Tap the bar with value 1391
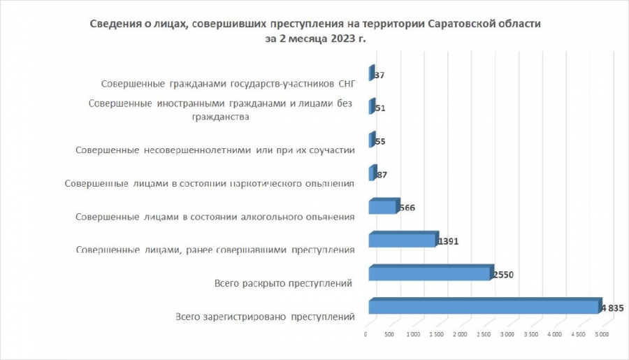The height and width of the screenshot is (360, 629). click(x=402, y=240)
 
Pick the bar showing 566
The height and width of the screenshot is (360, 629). click(x=382, y=207)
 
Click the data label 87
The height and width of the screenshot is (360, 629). click(x=382, y=175)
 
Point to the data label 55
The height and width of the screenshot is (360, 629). click(x=380, y=141)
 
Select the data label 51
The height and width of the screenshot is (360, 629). click(x=380, y=108)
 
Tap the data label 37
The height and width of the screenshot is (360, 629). click(x=379, y=75)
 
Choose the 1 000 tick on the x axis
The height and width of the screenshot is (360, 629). click(x=412, y=336)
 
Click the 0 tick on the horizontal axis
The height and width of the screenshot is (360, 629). click(x=366, y=336)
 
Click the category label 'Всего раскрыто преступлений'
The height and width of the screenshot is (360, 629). click(x=281, y=283)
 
